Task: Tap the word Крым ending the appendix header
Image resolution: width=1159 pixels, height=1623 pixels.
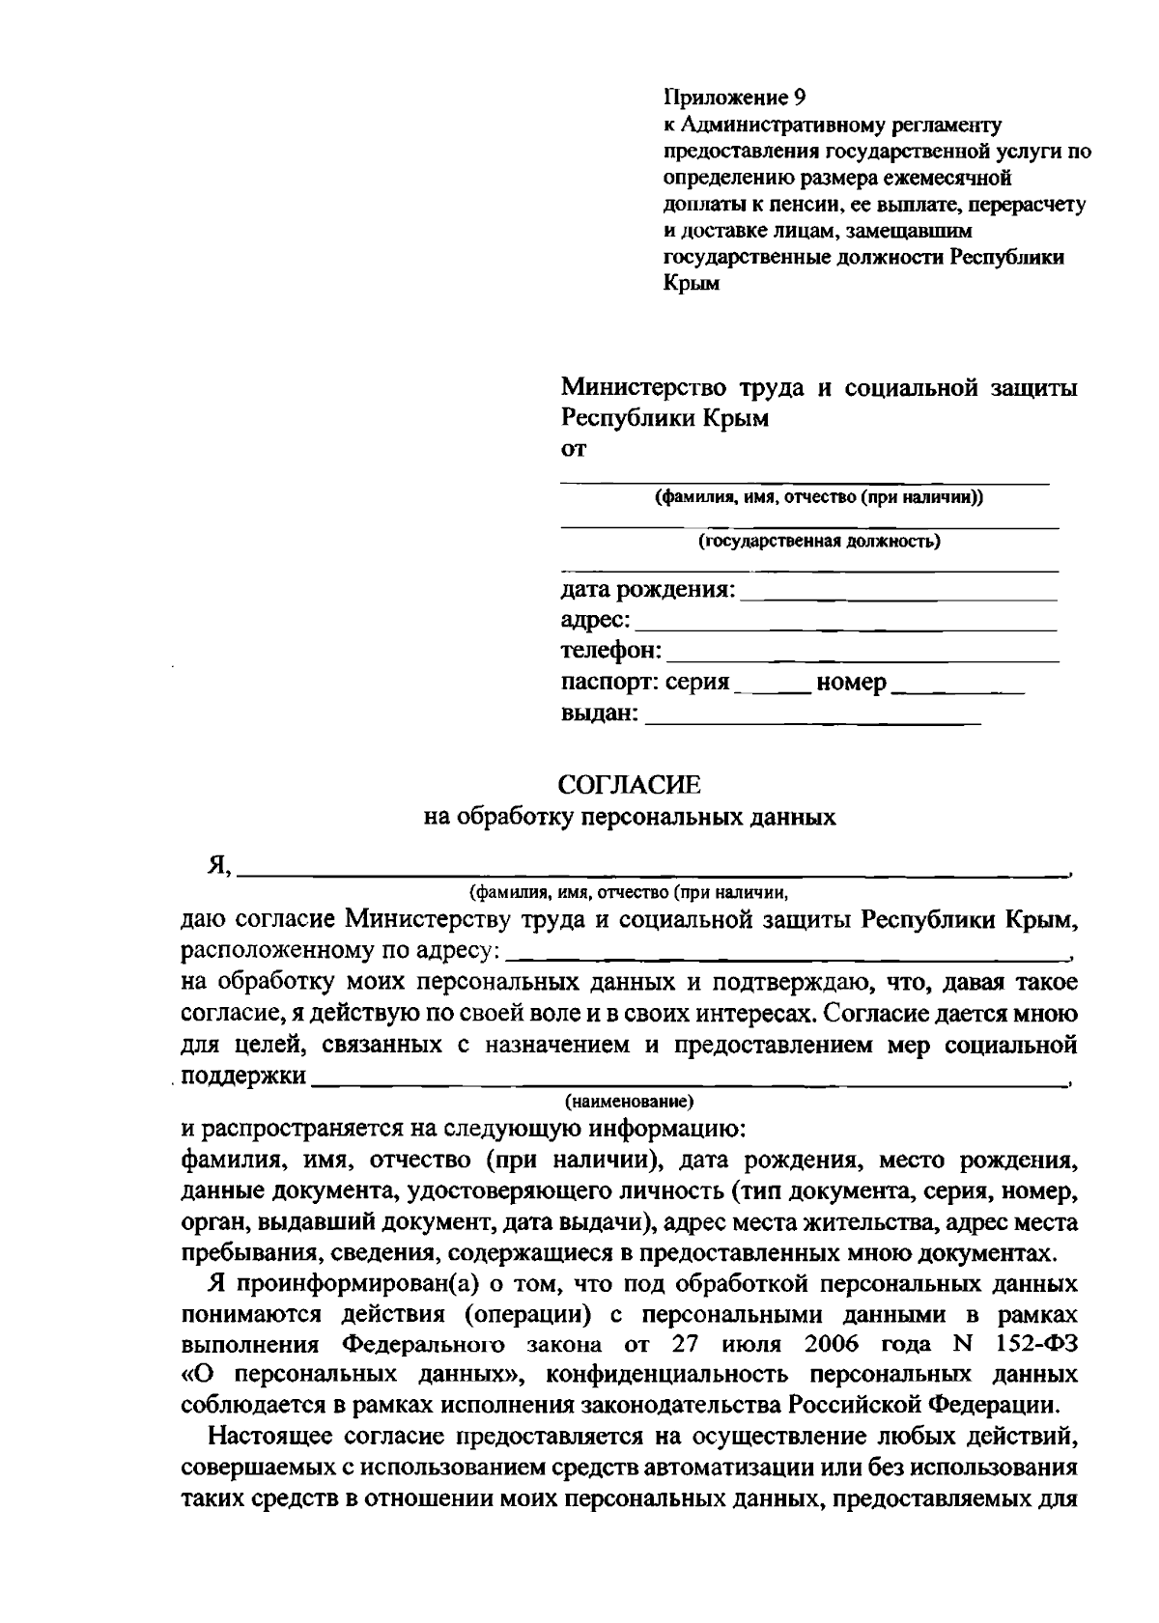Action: (x=692, y=285)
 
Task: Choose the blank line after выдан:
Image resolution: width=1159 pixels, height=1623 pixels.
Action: (x=812, y=719)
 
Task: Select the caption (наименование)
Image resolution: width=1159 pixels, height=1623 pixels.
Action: (x=629, y=1101)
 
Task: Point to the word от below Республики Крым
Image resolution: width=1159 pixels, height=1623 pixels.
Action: (x=574, y=449)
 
